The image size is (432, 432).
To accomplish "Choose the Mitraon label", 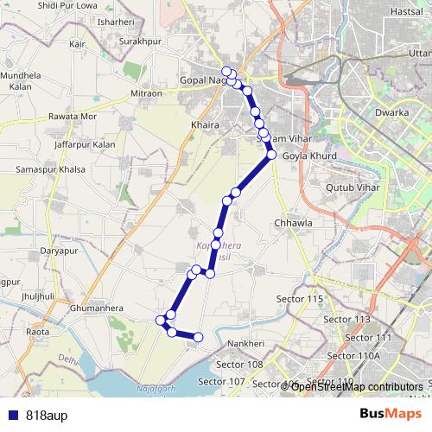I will coord(146,93).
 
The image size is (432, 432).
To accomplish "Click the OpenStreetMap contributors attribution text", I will coord(357,386).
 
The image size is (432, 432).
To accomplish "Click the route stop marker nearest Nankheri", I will coord(198,337).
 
